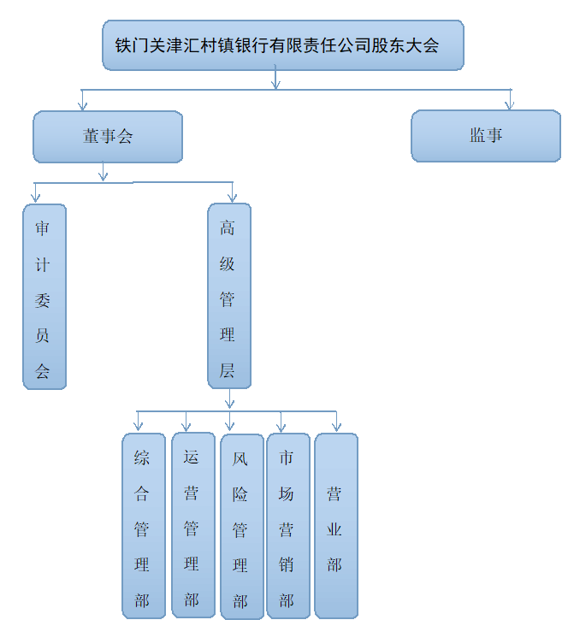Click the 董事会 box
click(108, 137)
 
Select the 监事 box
click(486, 136)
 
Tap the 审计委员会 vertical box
click(44, 297)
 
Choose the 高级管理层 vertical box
click(229, 296)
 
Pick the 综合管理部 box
click(144, 526)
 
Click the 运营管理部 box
click(193, 525)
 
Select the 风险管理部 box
click(242, 527)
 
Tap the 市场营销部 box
click(288, 526)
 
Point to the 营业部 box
click(336, 526)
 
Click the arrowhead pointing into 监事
click(510, 106)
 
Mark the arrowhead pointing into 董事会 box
click(82, 106)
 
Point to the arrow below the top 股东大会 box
click(275, 77)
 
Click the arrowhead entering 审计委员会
click(36, 198)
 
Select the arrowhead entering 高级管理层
click(233, 198)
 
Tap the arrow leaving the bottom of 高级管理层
click(230, 399)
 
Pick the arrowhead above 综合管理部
click(138, 426)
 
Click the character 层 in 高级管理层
click(227, 370)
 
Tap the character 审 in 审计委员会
click(42, 228)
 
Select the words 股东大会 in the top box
click(405, 45)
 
